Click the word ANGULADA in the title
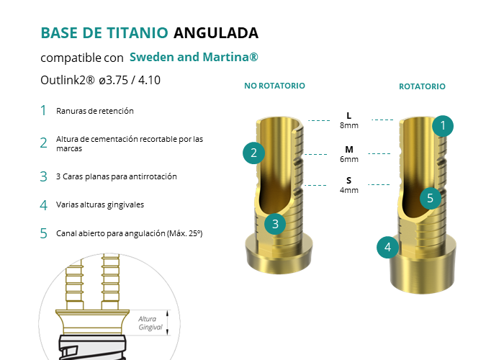[x=216, y=33]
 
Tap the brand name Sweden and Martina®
[x=194, y=57]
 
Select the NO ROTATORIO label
[x=274, y=86]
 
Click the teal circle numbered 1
[x=443, y=126]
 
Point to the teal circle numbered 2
[x=253, y=153]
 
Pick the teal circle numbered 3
[x=275, y=224]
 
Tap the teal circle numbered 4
[x=387, y=247]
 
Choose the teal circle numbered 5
[x=431, y=198]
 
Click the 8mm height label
[x=349, y=125]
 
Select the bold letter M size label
[x=349, y=150]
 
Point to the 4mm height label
[x=349, y=190]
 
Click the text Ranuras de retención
[x=95, y=111]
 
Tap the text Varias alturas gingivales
[x=100, y=204]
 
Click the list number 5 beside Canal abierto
[x=43, y=233]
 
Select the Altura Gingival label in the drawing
[x=150, y=323]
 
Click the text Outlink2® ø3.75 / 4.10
[x=100, y=80]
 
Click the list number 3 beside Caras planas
[x=43, y=176]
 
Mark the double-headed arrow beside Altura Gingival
[x=168, y=323]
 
